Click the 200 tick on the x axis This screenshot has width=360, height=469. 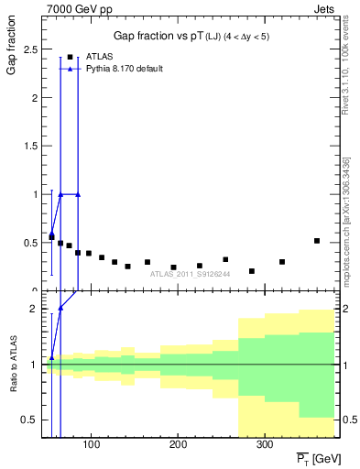(177, 445)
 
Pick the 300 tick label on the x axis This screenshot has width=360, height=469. (264, 445)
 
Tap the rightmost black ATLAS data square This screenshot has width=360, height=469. (317, 241)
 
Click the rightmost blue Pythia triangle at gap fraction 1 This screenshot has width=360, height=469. (78, 194)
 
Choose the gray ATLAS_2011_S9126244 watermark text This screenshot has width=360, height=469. (191, 274)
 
